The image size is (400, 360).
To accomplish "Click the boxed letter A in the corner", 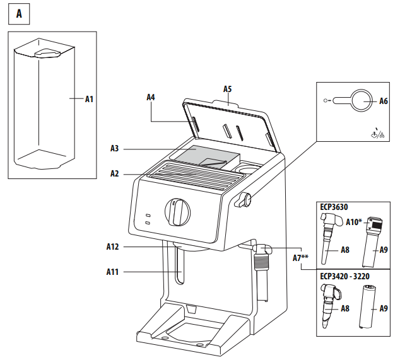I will tap(18, 14).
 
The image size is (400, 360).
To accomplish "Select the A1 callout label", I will tap(89, 98).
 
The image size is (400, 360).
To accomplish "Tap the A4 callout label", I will tap(151, 97).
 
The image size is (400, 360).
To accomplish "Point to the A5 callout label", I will tap(228, 89).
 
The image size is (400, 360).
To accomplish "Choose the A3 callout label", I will tap(114, 148).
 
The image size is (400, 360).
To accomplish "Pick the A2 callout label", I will tap(114, 173).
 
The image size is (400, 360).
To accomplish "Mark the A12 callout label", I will tap(113, 247).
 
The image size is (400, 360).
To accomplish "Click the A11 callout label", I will tap(113, 272).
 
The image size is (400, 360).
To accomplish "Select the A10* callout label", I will tap(354, 222).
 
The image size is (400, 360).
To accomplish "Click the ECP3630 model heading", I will tap(334, 206).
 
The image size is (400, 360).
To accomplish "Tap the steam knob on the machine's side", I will tap(245, 200).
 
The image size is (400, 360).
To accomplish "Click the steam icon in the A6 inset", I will tap(376, 133).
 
